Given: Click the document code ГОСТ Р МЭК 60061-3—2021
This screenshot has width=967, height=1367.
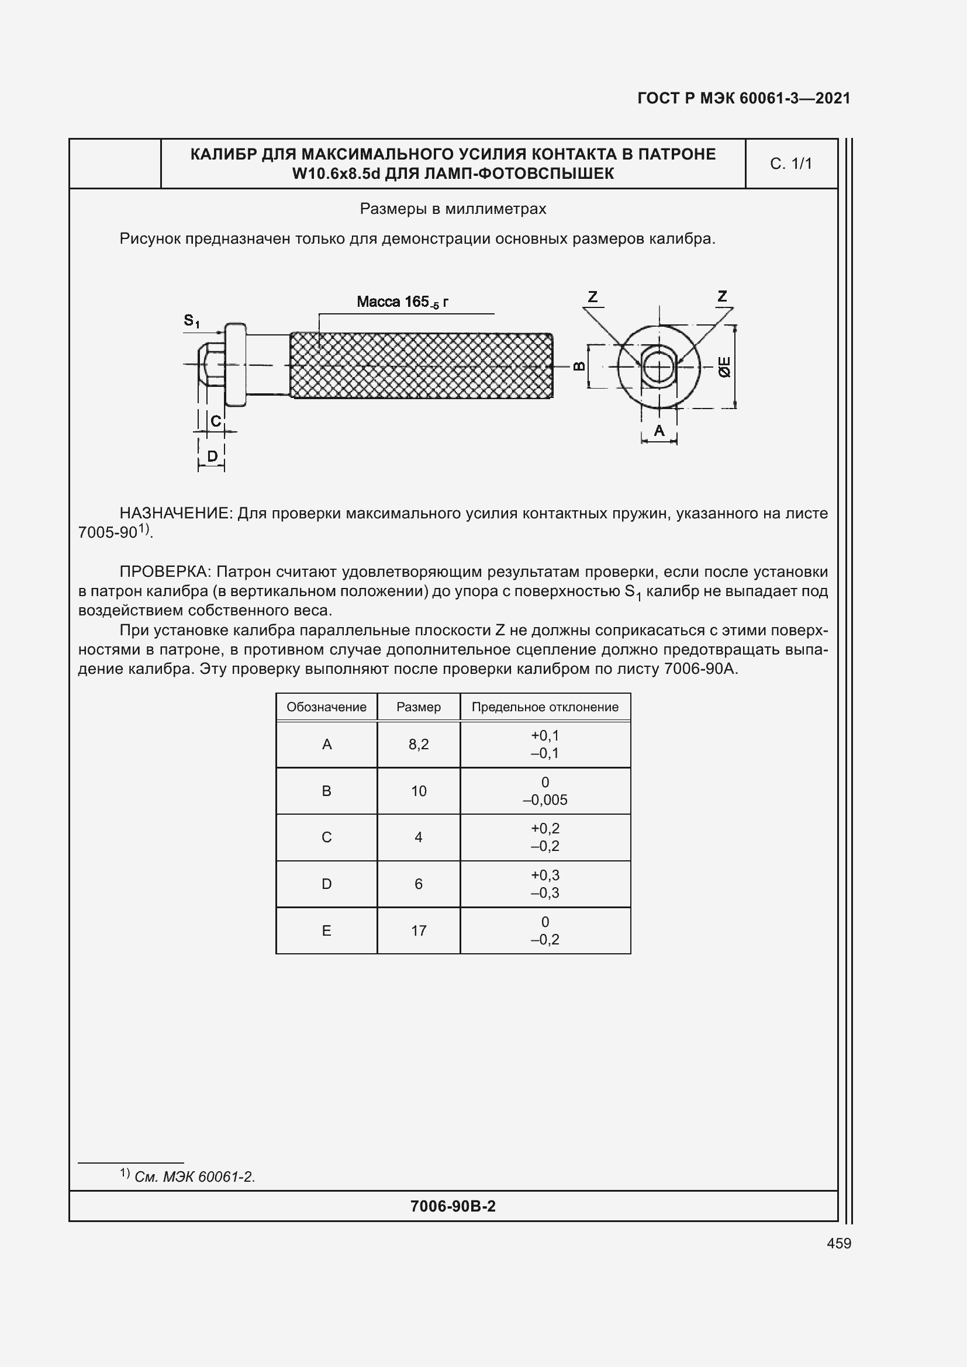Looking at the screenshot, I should [743, 98].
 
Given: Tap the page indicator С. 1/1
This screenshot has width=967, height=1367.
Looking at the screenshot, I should [791, 164].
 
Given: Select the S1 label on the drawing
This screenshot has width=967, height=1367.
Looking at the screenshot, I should [191, 321].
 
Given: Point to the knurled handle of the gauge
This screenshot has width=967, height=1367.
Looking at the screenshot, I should [421, 365].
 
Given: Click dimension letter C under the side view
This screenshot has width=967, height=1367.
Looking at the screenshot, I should [216, 421].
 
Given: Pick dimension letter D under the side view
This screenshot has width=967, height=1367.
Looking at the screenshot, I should [212, 456].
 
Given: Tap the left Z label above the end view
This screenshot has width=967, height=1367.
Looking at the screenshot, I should [592, 296].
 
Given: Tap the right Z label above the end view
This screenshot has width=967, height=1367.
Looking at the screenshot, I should [722, 296].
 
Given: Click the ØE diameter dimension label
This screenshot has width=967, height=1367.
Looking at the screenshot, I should [724, 367].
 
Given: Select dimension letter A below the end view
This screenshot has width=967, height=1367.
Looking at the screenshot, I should [658, 431].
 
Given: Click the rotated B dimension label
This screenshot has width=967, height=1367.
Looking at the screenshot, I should [579, 366].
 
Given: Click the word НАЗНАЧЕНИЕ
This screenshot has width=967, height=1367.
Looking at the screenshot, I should [175, 513].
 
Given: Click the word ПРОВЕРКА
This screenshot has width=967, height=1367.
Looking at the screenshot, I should [165, 572].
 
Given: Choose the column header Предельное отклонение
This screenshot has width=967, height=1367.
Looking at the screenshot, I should [544, 707].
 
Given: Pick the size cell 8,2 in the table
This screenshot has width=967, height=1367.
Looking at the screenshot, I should [418, 744].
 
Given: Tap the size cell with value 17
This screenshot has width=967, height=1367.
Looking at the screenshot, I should [418, 930].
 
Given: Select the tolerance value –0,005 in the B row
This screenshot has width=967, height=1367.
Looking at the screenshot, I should [545, 800].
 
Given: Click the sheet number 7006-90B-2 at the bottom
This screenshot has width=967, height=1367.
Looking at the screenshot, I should [453, 1206].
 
